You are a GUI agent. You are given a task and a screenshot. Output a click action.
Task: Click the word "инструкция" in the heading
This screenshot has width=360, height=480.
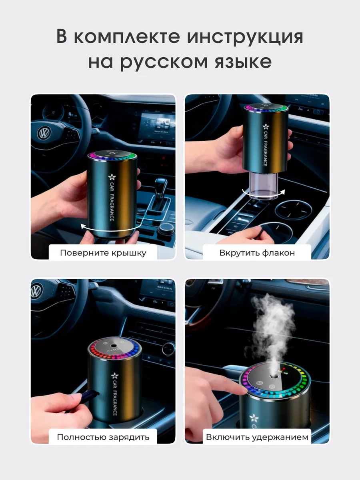(245, 37)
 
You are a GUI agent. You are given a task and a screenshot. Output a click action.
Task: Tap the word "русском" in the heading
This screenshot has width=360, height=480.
(164, 62)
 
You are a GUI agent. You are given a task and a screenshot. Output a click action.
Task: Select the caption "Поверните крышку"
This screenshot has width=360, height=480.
(103, 253)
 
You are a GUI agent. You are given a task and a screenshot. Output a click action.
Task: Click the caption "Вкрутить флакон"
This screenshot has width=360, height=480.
(257, 253)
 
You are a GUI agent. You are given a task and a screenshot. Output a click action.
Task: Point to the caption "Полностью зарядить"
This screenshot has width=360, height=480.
(103, 437)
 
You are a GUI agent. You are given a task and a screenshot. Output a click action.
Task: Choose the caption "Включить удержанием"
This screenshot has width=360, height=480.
(257, 437)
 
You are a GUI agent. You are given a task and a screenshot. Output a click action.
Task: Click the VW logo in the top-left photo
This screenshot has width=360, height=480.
(44, 133)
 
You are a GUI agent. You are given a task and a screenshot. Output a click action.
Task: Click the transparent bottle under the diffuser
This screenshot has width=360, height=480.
(264, 185)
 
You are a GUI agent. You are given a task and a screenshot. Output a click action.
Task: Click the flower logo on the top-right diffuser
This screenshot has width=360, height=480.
(266, 127)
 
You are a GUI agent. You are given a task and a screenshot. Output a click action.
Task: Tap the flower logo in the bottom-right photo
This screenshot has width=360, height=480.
(254, 418)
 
